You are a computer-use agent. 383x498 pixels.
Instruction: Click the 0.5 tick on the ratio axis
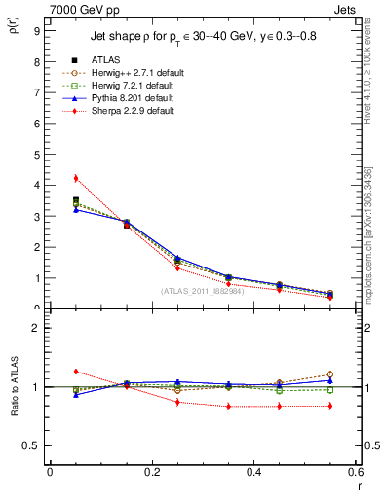coord(32,445)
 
